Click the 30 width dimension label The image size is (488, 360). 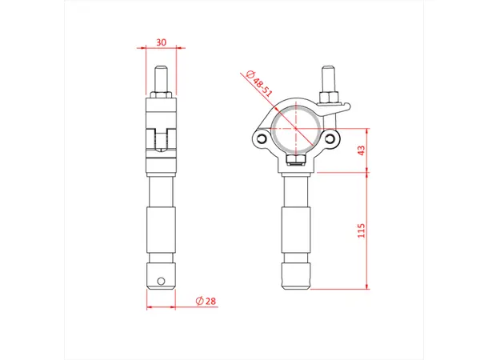click(162, 43)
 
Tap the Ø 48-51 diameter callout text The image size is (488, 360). click(262, 83)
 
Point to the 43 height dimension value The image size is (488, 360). click(360, 151)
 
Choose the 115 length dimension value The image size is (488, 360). click(360, 231)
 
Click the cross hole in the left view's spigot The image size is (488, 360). click(162, 281)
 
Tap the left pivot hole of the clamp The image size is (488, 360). click(261, 140)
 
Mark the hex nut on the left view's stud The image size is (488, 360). click(162, 98)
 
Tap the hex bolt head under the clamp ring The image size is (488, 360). click(297, 163)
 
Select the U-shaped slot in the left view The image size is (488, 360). click(162, 140)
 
